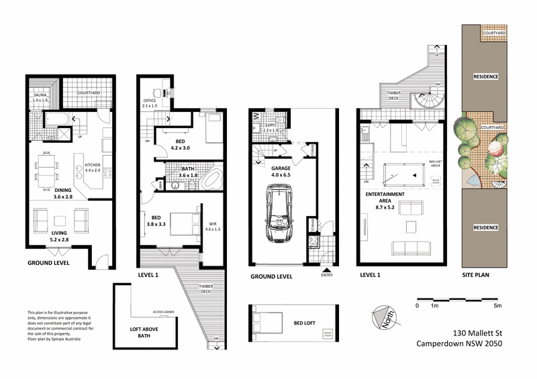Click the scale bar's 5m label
click(x=498, y=306)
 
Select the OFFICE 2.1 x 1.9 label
click(x=150, y=103)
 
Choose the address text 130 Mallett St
click(x=474, y=333)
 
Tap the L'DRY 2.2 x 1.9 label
click(x=273, y=127)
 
